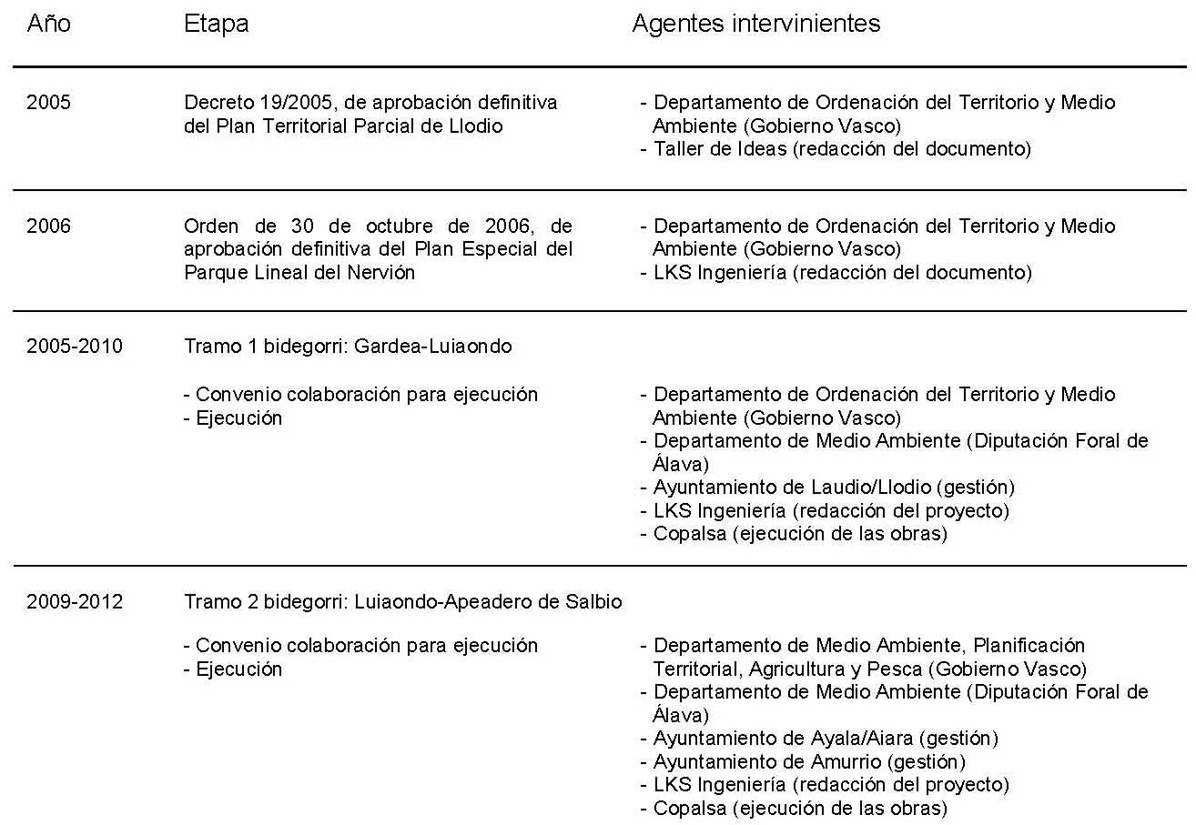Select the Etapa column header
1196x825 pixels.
(216, 25)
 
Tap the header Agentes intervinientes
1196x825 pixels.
(755, 25)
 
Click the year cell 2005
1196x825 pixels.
(48, 103)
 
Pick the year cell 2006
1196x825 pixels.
(48, 226)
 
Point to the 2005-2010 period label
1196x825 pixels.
(75, 347)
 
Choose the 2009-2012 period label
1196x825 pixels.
(75, 601)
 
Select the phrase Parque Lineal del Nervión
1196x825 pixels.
(299, 272)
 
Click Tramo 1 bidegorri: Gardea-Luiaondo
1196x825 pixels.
(348, 347)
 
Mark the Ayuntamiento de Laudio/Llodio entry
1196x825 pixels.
(834, 488)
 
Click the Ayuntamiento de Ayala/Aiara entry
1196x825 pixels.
(826, 738)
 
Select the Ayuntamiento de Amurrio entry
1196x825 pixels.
(809, 761)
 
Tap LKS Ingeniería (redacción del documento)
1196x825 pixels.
(842, 272)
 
